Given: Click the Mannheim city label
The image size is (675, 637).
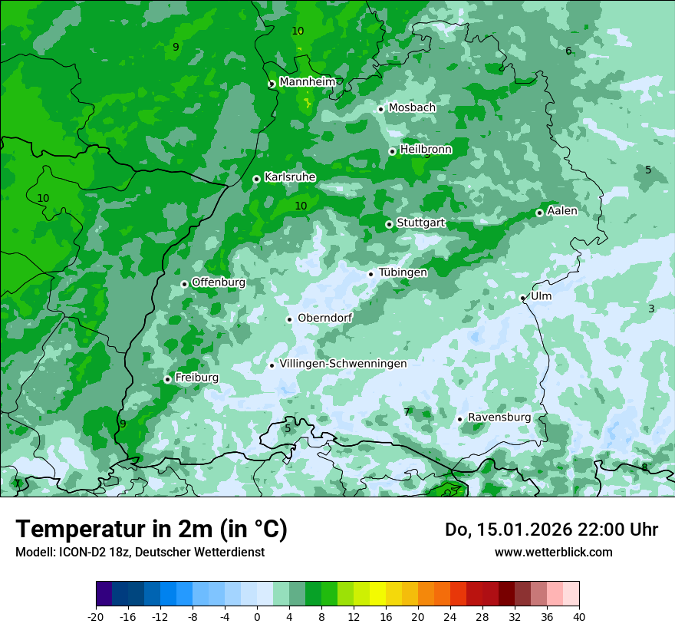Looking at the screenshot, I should pos(307,82).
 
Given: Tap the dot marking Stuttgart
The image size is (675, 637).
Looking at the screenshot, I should pos(390,224).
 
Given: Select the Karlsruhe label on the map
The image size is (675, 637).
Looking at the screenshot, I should pos(290,177).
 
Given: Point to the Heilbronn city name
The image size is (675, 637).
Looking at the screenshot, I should pos(426,150).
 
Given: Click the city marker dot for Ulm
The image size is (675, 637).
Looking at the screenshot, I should pos(523,298).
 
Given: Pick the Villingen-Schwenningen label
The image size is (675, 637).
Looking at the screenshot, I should pos(343,364).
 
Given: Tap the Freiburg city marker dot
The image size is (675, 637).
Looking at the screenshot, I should pos(167,379).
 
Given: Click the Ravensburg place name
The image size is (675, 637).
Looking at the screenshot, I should pos(499,418).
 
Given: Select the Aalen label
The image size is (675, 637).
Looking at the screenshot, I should pos(562,211).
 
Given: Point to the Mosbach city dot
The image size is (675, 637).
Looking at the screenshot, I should pos(380,109).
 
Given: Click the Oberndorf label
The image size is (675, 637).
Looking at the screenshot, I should pos(324,318).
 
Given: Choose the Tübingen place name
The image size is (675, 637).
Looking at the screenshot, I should pos(403,272).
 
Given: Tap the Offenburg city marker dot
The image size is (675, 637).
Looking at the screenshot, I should pos(184,284).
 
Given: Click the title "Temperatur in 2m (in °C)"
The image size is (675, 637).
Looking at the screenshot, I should pos(151,530).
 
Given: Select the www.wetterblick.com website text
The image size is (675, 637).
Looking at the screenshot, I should pos(553,552).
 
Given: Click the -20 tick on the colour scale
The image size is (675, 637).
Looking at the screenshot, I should pos(96,616).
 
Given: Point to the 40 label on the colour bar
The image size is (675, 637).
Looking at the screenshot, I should pos(579,616).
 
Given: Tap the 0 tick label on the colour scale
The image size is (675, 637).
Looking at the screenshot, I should pos(257,616).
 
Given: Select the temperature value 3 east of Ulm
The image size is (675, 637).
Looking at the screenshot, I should pos(651,309).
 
